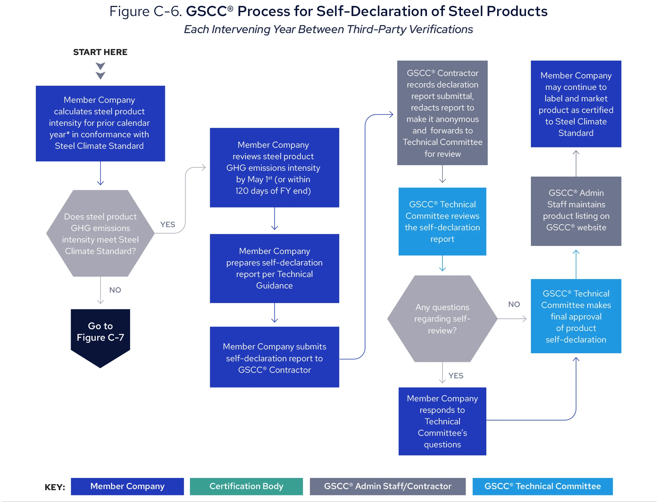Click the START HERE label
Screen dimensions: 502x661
point(100,52)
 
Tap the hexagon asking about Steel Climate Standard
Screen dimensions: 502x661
point(100,233)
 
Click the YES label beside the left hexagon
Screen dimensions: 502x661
point(168,225)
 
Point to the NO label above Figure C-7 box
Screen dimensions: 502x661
point(115,290)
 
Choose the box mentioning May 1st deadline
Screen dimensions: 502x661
point(274,168)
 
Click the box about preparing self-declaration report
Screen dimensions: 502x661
point(274,268)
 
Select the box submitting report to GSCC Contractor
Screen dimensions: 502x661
point(274,357)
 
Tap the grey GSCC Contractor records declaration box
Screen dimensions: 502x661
point(442,113)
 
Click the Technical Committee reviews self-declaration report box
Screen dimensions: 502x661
point(442,222)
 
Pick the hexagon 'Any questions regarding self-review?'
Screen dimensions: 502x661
point(442,319)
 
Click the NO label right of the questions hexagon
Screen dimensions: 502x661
point(514,304)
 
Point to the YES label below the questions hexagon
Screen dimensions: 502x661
point(456,376)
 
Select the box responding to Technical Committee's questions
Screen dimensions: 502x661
point(442,421)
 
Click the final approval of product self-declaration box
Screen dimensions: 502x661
point(576,316)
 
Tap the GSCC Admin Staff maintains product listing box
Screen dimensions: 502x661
point(576,211)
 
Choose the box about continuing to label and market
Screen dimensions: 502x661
point(576,104)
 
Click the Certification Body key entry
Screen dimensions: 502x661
point(246,486)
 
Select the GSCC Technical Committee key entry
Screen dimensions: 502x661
point(542,486)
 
